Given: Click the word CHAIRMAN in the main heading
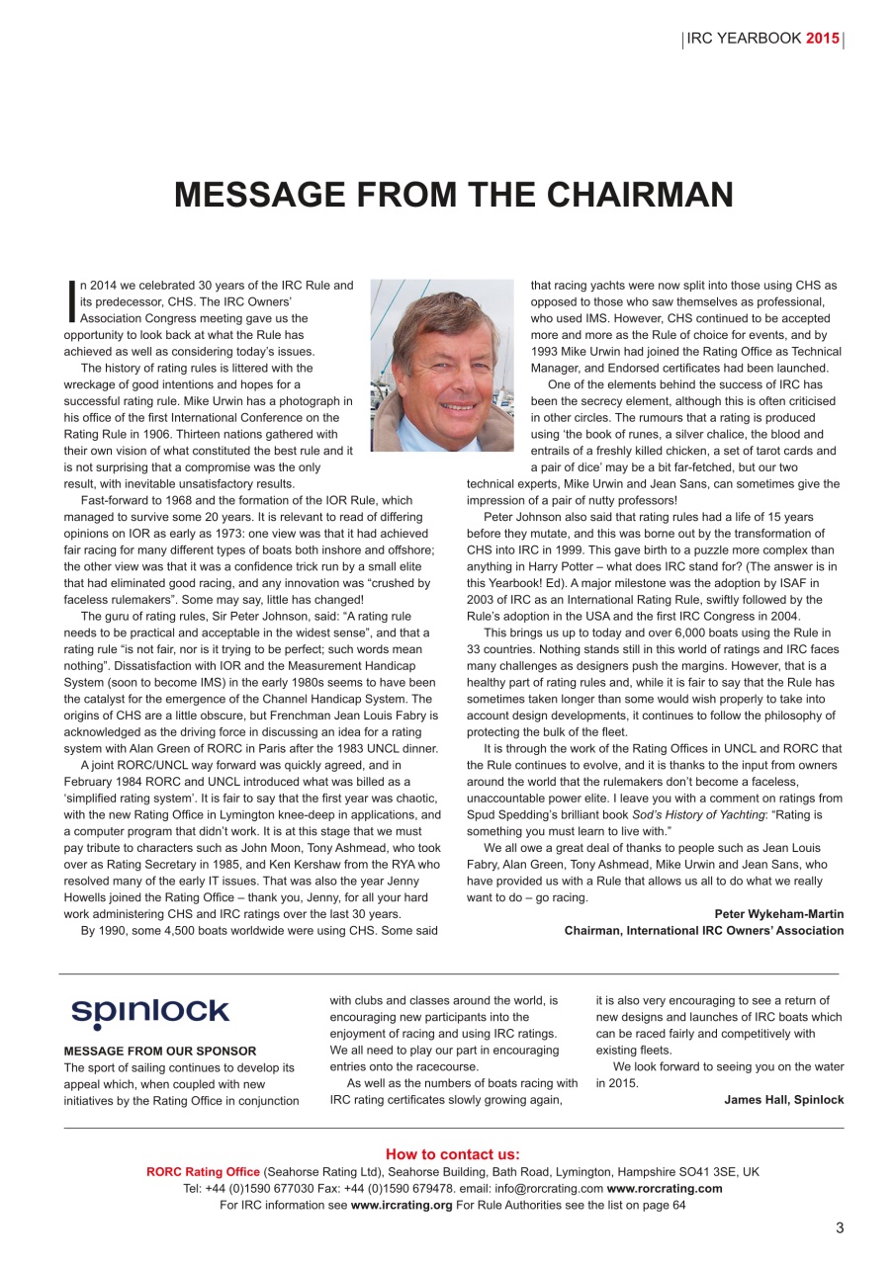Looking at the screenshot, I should point(630,195).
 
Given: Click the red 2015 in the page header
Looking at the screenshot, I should point(823,40).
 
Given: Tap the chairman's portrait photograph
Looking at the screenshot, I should point(441,365).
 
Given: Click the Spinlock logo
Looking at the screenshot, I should point(149,1013).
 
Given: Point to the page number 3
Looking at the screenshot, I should point(840,1228).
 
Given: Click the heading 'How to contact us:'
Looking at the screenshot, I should point(452,1154).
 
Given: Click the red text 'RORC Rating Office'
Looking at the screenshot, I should point(204,1171).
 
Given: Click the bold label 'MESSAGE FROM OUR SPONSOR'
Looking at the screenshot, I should point(159,1051).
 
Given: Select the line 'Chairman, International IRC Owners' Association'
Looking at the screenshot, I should point(703,930).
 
